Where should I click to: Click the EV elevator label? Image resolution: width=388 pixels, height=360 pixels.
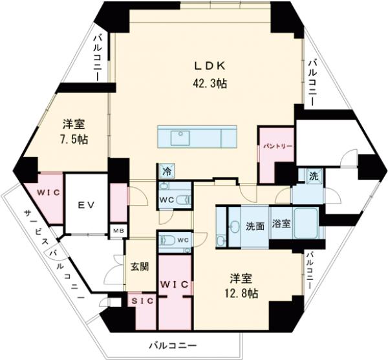(87, 205)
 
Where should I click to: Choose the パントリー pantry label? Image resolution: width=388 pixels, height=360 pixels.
(277, 147)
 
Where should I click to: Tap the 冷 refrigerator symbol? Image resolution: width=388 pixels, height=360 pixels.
(167, 171)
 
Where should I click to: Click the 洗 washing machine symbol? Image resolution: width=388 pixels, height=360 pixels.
(314, 176)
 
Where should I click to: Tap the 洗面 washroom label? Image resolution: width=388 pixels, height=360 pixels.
(255, 226)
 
